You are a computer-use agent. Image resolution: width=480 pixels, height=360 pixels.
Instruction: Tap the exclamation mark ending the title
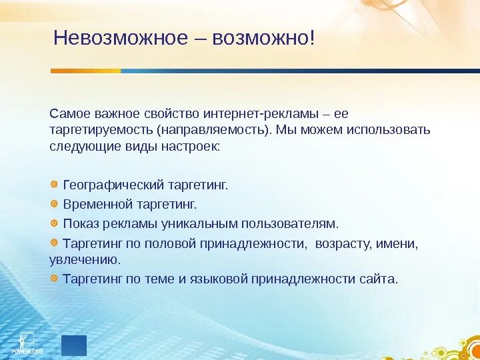pyautogui.click(x=311, y=37)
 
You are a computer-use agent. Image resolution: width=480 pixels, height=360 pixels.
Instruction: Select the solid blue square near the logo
pyautogui.click(x=74, y=345)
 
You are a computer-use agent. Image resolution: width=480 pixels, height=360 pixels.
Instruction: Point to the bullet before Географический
pyautogui.click(x=54, y=184)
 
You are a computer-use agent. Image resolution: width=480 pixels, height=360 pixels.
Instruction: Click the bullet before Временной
pyautogui.click(x=54, y=203)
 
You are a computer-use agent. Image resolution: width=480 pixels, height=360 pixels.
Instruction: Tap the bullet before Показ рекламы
pyautogui.click(x=54, y=223)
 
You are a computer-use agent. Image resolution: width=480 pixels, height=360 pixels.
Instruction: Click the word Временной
pyautogui.click(x=97, y=205)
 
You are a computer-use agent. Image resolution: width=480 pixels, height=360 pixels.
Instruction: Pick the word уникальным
pyautogui.click(x=199, y=224)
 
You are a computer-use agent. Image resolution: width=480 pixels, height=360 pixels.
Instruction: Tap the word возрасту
pyautogui.click(x=343, y=245)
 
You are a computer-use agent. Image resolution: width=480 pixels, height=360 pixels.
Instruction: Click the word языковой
pyautogui.click(x=219, y=279)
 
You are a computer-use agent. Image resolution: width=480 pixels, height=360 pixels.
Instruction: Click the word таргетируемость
pyautogui.click(x=101, y=131)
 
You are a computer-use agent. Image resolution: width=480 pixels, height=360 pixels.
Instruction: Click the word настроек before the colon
pyautogui.click(x=189, y=147)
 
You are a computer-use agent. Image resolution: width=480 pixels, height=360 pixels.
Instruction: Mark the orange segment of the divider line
pyautogui.click(x=85, y=71)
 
